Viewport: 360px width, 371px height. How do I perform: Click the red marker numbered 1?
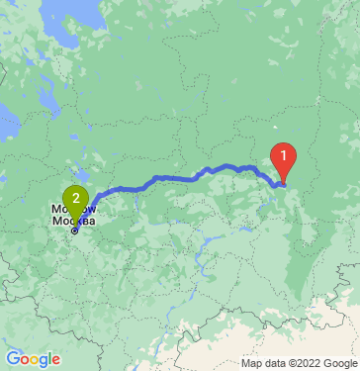tap(284, 156)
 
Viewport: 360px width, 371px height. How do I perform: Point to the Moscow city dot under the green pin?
tap(75, 231)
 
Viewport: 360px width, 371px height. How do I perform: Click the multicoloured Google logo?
tap(33, 359)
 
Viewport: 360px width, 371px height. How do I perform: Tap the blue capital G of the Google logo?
tap(12, 359)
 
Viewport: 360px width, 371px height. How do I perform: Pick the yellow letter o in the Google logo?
tap(35, 361)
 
